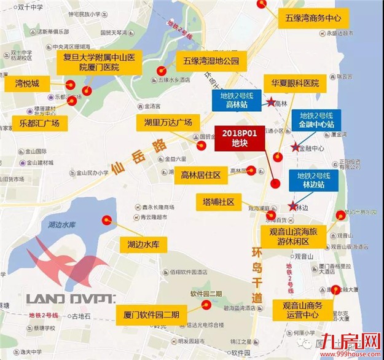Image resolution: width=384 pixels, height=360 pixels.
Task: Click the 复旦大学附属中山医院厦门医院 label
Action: click(103, 61)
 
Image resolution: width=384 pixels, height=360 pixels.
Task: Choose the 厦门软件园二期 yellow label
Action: click(151, 315)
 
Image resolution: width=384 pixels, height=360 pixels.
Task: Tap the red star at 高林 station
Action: click(270, 103)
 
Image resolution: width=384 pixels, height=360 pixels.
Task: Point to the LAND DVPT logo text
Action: click(71, 299)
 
